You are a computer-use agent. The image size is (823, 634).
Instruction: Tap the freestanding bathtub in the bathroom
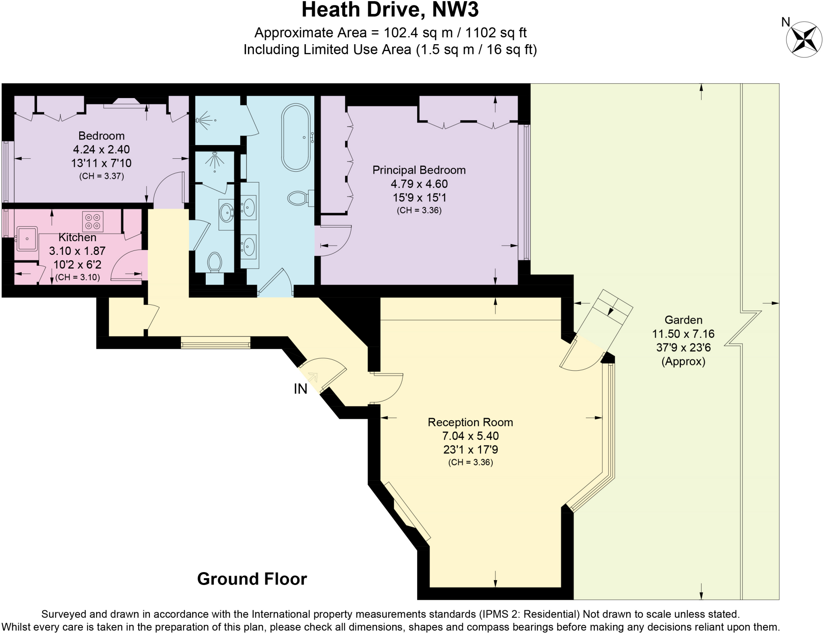click(x=296, y=137)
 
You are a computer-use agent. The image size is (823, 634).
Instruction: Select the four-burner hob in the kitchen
click(x=93, y=222)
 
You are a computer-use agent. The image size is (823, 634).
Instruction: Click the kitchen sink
click(x=27, y=239)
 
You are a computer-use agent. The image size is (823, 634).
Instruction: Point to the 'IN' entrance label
click(x=301, y=389)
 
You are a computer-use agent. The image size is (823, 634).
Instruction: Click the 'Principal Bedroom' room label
click(x=419, y=170)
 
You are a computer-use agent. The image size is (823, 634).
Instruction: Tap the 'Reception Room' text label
click(x=470, y=422)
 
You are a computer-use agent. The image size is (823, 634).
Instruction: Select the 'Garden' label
click(x=683, y=320)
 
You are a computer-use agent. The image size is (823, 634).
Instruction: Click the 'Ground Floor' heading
click(x=252, y=579)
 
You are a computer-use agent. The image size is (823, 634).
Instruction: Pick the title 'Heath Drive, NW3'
click(x=390, y=10)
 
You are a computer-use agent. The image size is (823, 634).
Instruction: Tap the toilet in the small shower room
click(x=215, y=262)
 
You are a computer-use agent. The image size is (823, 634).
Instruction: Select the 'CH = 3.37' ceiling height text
click(x=101, y=176)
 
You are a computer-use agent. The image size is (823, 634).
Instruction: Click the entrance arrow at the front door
click(x=313, y=377)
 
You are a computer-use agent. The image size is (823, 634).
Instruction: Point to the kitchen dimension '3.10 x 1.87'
click(x=77, y=251)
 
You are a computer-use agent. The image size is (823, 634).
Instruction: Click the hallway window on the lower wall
click(x=215, y=343)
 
